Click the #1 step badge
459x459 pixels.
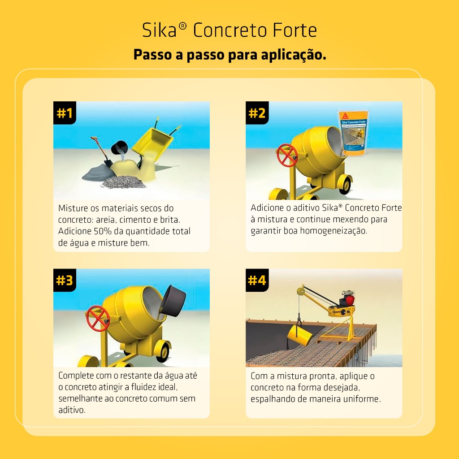65,113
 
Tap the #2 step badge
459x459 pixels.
257,113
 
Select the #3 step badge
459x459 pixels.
65,280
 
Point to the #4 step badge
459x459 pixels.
257,280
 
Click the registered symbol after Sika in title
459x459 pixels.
182,26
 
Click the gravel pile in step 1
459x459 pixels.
124,182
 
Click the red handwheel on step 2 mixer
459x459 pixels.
287,155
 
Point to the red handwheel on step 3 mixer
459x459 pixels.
98,319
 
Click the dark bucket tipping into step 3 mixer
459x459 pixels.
173,301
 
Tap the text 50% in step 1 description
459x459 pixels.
103,231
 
